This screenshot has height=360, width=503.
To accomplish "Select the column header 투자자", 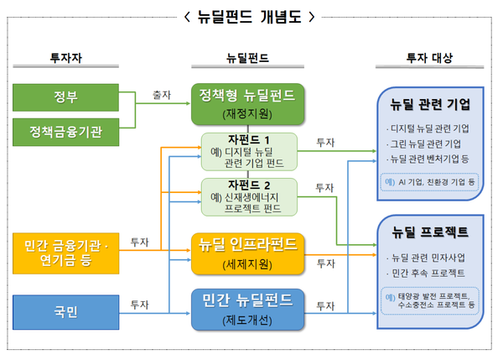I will click(x=65, y=58).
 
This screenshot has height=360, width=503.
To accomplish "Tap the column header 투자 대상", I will click(x=428, y=58).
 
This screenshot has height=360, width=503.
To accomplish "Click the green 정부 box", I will click(x=66, y=97).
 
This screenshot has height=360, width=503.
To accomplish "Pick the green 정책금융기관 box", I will click(x=66, y=133).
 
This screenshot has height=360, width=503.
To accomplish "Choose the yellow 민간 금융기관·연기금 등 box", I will click(x=66, y=251).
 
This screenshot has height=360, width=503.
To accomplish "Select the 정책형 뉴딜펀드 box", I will click(x=247, y=103).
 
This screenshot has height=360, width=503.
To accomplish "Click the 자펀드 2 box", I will click(x=249, y=196).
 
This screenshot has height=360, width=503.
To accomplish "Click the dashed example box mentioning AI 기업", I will click(x=430, y=181).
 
